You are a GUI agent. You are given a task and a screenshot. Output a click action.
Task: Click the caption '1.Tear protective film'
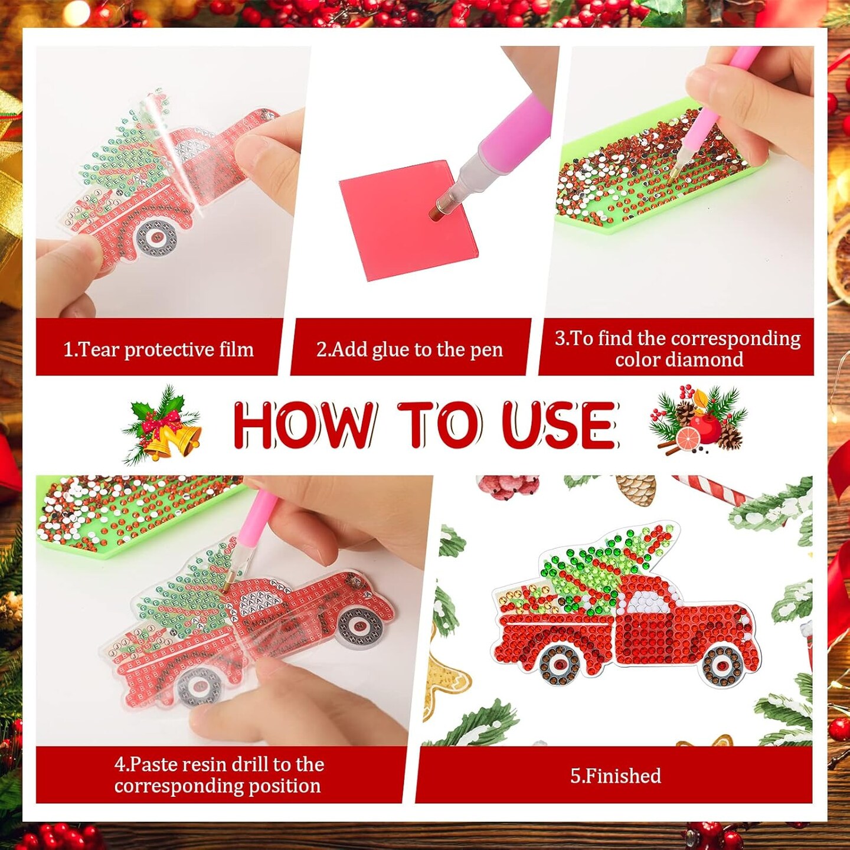158,349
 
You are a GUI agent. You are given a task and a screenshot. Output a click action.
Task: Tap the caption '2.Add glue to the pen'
409,349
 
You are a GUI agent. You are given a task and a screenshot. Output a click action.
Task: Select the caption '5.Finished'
615,776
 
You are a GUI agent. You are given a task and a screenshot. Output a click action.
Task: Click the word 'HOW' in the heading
304,424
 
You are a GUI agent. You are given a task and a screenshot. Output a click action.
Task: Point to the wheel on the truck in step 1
156,237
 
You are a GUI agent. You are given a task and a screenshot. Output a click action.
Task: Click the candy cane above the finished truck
714,490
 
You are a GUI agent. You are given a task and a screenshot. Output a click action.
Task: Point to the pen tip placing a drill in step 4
227,587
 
